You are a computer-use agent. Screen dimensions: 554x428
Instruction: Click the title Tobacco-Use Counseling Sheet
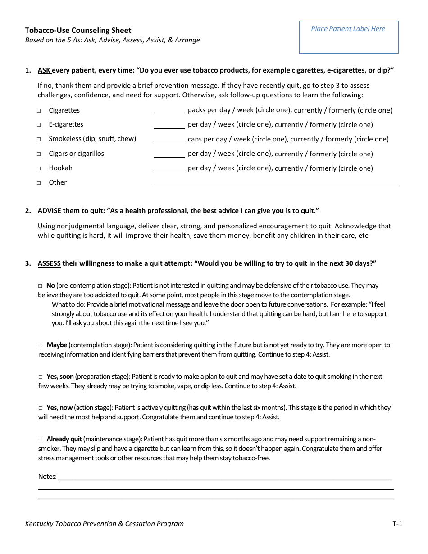(78, 30)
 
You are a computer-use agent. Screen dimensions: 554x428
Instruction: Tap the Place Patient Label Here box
(348, 37)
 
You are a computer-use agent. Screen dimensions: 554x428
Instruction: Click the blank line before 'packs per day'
(169, 111)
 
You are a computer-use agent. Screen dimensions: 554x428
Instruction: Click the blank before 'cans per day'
(169, 140)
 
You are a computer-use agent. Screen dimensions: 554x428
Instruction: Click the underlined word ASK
(44, 70)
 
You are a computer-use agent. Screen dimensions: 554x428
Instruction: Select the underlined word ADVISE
(49, 211)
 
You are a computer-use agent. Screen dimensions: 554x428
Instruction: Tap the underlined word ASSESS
(49, 263)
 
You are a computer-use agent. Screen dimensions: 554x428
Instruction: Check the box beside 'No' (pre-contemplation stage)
(40, 286)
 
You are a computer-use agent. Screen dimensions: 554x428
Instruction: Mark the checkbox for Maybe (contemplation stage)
(40, 345)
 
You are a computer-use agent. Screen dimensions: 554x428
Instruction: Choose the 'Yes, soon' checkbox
(40, 377)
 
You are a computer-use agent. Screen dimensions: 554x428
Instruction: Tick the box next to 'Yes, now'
(40, 408)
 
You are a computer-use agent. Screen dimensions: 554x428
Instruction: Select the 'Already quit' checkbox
(40, 439)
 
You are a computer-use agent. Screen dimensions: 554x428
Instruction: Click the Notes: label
(47, 477)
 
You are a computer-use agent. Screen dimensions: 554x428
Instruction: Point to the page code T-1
(397, 523)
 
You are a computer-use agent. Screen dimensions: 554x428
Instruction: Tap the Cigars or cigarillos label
(76, 154)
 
